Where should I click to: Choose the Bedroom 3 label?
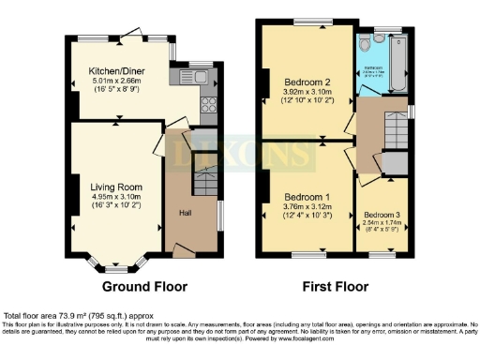point(382,215)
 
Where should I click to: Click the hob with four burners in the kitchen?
point(207,105)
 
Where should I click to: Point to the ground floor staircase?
point(206,181)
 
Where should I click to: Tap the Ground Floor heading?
point(144,287)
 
